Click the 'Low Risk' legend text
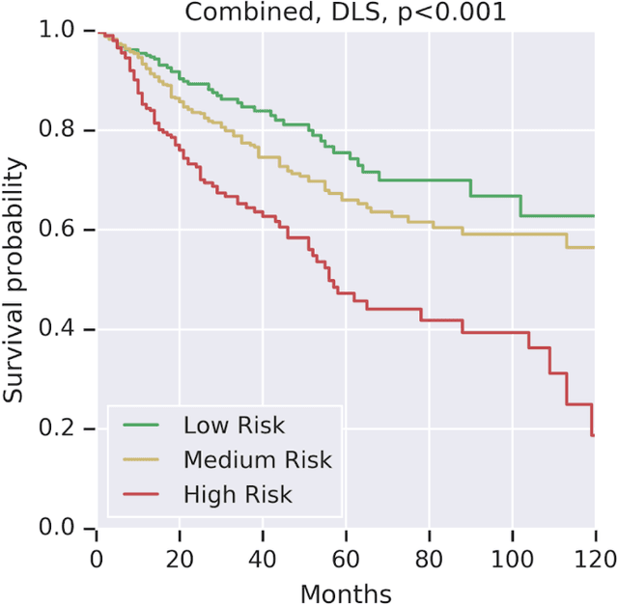click(x=234, y=426)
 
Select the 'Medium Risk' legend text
click(x=257, y=460)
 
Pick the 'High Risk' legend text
click(x=238, y=495)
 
